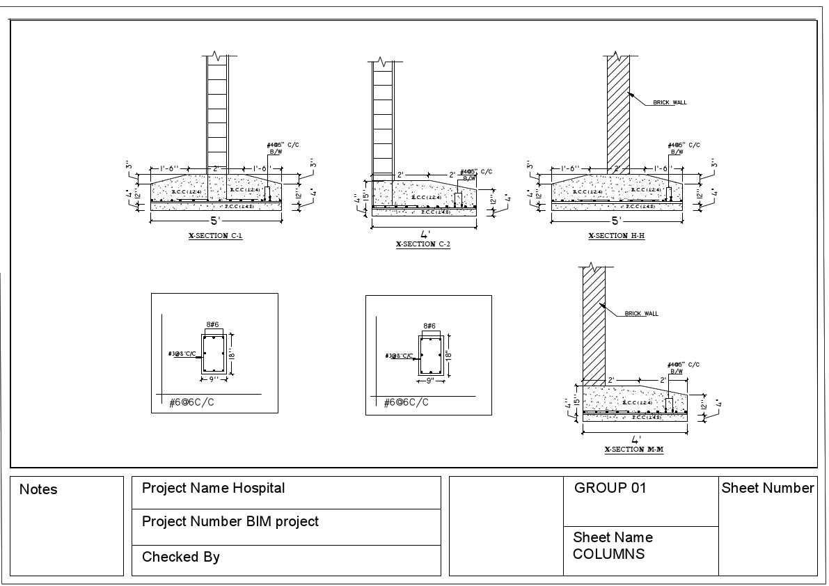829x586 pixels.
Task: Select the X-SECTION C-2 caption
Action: (423, 245)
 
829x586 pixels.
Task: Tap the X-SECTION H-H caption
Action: (616, 236)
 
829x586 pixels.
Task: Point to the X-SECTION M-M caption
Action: (633, 450)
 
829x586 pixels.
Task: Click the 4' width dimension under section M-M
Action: (635, 440)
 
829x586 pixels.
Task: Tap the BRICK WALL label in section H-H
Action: (669, 102)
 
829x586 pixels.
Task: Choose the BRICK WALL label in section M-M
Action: (641, 313)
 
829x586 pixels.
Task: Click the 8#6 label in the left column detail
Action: (213, 325)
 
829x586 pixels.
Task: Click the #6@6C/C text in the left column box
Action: (191, 402)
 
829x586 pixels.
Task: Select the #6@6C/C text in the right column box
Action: (406, 402)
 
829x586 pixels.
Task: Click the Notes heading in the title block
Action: (38, 490)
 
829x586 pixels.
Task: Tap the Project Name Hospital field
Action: (213, 488)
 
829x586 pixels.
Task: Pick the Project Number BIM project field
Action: (230, 521)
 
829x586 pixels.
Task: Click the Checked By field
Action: (180, 557)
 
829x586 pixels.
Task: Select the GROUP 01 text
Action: (610, 488)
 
